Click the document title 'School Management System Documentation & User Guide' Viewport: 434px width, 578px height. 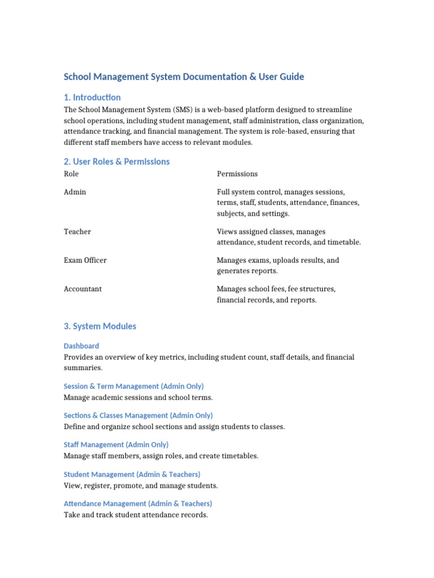click(x=184, y=77)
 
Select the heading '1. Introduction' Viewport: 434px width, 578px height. click(x=92, y=97)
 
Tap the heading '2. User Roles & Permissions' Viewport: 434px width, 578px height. click(x=116, y=161)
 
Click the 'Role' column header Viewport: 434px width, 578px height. click(x=71, y=174)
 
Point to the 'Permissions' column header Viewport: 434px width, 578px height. click(x=237, y=174)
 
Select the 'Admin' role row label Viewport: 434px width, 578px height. click(x=75, y=192)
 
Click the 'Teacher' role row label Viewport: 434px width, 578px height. click(x=77, y=231)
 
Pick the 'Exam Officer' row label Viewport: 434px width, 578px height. click(x=85, y=260)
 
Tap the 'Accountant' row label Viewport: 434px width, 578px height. click(x=83, y=289)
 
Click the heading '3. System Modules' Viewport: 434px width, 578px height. click(x=100, y=326)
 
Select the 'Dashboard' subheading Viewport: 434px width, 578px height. click(x=81, y=346)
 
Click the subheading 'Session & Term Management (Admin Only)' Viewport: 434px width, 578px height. click(x=133, y=386)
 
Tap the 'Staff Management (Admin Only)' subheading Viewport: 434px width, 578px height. click(x=116, y=445)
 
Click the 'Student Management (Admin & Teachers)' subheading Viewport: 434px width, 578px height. click(x=132, y=474)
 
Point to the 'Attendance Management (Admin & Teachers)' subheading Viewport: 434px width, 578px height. click(x=138, y=503)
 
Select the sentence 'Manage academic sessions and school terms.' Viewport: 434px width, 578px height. click(x=138, y=397)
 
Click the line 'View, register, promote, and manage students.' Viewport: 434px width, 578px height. click(x=141, y=485)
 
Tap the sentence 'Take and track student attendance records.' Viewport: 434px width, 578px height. click(x=136, y=515)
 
